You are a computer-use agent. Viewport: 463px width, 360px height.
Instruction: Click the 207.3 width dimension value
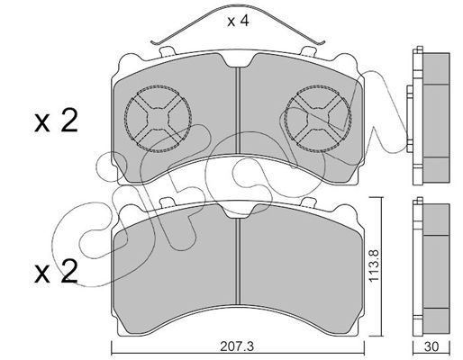click(x=237, y=346)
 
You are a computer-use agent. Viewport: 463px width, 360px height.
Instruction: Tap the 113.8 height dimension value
click(x=374, y=265)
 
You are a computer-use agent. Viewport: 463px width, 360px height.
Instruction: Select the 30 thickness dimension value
click(x=431, y=346)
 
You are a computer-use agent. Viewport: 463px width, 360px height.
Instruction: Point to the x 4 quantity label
click(x=238, y=21)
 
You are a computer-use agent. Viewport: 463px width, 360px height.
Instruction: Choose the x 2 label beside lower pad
click(x=56, y=271)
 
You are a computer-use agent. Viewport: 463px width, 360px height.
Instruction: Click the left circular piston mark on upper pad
click(x=158, y=119)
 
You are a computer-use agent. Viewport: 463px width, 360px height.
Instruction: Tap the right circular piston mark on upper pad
click(x=317, y=119)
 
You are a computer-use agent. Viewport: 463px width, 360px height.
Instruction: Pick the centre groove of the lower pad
click(x=238, y=262)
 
